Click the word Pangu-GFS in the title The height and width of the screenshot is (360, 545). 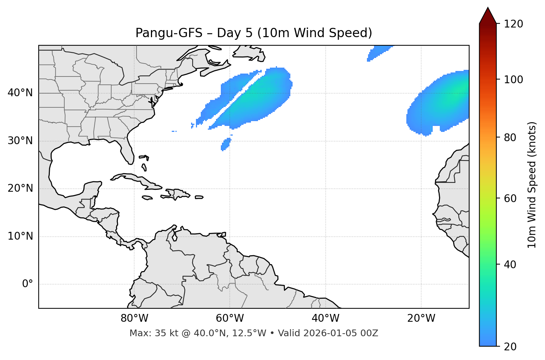pos(169,33)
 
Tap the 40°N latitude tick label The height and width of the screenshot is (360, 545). pos(20,93)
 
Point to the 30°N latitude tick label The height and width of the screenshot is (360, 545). pos(20,141)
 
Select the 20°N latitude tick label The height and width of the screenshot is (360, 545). pos(20,188)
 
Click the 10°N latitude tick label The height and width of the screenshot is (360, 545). pos(20,236)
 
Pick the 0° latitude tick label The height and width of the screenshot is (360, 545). pos(28,284)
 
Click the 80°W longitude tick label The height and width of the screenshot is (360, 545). pos(134,318)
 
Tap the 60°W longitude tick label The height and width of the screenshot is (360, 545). pos(230,318)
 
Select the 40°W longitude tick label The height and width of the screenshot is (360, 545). pos(325,318)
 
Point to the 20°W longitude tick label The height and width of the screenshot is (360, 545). pos(421,318)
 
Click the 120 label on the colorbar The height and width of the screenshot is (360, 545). pos(513,24)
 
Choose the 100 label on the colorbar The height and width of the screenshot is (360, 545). pos(513,80)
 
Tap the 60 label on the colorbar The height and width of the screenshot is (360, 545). pos(510,198)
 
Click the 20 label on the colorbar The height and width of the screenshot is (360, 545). pos(510,347)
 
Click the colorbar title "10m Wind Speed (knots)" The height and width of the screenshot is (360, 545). pos(532,185)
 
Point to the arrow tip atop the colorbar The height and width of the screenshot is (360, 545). pos(488,8)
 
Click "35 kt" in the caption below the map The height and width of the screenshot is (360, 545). pos(162,333)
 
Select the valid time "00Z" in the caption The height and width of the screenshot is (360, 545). pos(370,333)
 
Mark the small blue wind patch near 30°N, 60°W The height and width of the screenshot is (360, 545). pos(226,144)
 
